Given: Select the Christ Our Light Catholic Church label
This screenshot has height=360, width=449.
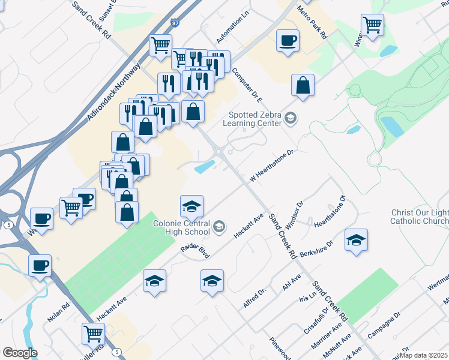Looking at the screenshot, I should [419, 217].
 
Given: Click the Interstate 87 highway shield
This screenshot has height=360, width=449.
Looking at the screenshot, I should [174, 23].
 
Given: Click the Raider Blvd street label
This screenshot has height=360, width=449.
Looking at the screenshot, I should [195, 251].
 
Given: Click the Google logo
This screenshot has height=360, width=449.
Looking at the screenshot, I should [19, 353].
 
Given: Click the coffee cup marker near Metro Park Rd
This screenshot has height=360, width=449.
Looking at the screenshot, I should [288, 41].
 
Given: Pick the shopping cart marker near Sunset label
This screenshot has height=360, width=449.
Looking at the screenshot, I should [160, 45].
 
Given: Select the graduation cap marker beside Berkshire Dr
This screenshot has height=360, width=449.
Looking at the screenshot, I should [357, 240].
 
